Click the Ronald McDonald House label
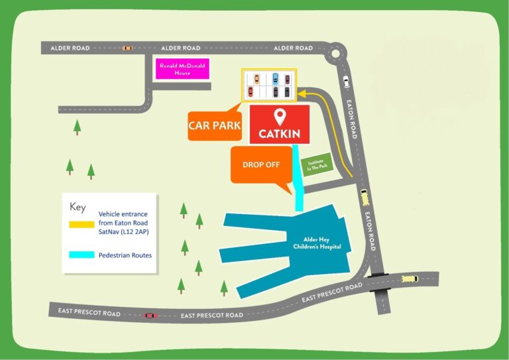182,69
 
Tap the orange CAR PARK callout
214,125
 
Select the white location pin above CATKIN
280,117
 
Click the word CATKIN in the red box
280,134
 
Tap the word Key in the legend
78,208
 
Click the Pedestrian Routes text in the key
125,255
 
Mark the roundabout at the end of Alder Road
335,51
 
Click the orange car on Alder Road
127,48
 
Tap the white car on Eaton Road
345,82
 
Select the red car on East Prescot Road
150,315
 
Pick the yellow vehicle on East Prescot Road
410,278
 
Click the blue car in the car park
275,78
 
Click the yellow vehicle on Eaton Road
364,197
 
